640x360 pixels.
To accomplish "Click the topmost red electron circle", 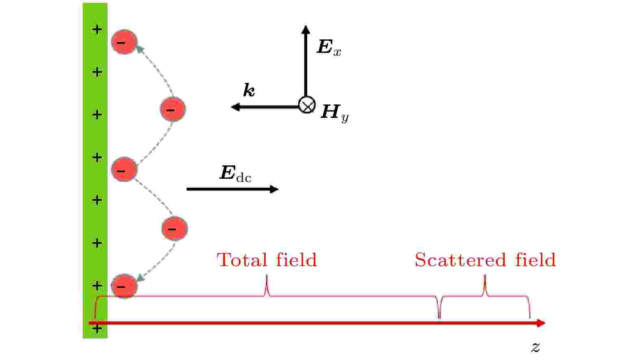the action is point(124,42).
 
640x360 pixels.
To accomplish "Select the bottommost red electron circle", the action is point(124,286).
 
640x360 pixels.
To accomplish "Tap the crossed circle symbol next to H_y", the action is point(306,105).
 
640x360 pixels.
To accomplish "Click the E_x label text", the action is point(329,48).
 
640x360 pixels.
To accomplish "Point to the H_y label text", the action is point(334,113).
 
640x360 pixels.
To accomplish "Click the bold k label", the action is point(249,90).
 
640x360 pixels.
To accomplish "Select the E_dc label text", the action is point(235,173).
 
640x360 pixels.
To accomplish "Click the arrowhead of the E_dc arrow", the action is point(274,189).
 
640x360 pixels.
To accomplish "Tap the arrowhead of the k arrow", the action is point(235,107).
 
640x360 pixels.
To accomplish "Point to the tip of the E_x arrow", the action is point(306,26).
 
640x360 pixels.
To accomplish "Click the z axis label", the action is point(536,347).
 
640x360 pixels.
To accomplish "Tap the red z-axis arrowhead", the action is point(541,323).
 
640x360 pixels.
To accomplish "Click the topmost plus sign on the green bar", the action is point(97,29).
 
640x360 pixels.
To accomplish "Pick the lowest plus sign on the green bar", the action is point(97,329).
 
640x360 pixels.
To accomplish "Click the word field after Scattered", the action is point(536,260).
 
